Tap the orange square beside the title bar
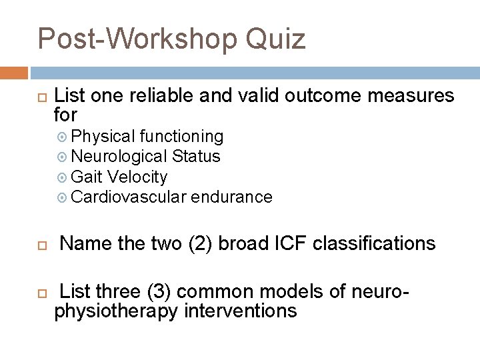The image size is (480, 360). point(14,73)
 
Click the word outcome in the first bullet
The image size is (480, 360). point(319,96)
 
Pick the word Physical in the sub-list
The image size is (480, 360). point(103,137)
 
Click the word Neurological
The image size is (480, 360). point(119,157)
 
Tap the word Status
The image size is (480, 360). point(196,157)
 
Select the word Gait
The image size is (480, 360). point(86,177)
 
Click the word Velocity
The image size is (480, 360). point(137,177)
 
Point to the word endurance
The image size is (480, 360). point(231,197)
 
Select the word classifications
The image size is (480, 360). point(374,243)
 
